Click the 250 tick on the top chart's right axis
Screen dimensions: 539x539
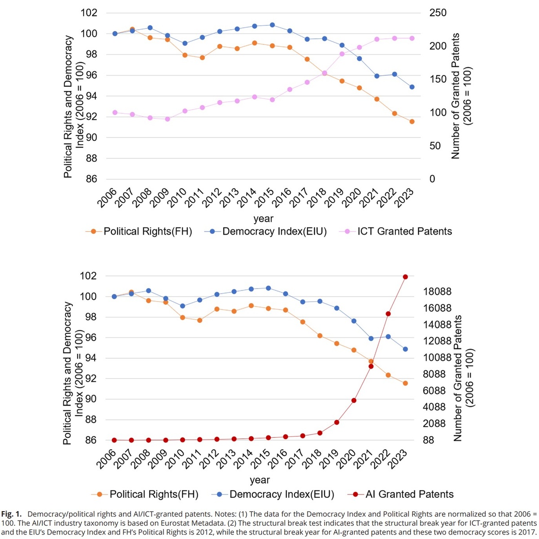tap(438, 13)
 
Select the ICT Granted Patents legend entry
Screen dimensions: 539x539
tap(404, 232)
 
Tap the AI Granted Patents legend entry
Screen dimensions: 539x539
tap(409, 494)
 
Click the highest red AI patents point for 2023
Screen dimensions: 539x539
tap(405, 277)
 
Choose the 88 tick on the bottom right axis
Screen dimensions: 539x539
tap(429, 440)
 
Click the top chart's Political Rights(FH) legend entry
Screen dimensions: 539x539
tap(147, 232)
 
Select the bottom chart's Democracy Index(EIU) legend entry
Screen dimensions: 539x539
tap(282, 494)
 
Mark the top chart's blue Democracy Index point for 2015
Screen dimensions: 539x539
tap(272, 25)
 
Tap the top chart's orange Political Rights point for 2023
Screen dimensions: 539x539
tap(412, 121)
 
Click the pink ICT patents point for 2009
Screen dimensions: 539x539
tap(168, 119)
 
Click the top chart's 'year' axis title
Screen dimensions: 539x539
tap(263, 219)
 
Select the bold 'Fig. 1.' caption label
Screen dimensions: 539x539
tap(12, 513)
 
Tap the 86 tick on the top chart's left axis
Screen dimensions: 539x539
tap(91, 179)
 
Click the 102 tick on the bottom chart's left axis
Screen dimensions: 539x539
tap(89, 276)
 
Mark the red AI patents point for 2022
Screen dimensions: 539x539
tap(388, 314)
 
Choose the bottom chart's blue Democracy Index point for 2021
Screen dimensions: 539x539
tap(371, 338)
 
